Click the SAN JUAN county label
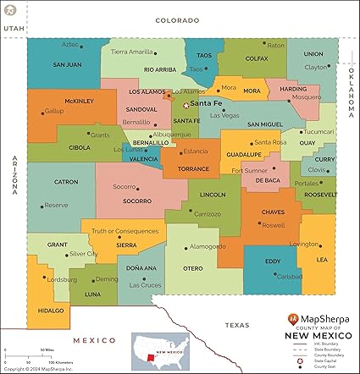coord(67,64)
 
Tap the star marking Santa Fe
coord(186,104)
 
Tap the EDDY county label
coord(273,261)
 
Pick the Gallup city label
coord(54,111)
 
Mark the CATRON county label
coord(66,181)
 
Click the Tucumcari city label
coord(318,131)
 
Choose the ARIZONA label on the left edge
coord(14,174)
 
